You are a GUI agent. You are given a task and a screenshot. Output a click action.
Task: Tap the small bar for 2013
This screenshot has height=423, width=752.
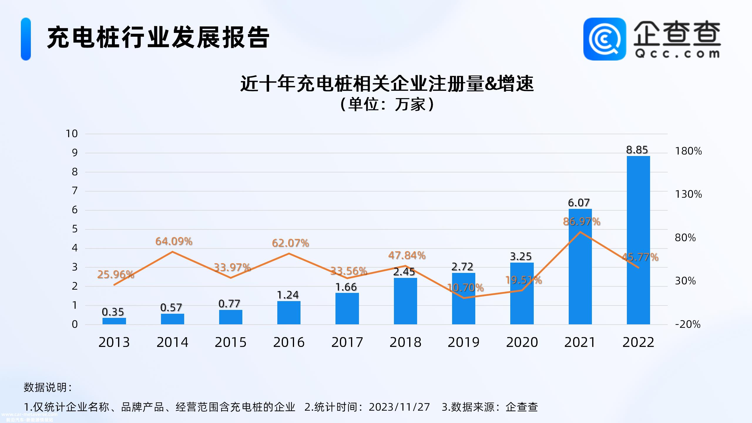[x=114, y=321]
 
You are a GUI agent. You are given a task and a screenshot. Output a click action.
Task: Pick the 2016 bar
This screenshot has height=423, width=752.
[x=289, y=313]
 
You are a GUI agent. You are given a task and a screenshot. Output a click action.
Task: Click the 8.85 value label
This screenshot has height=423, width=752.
[x=637, y=150]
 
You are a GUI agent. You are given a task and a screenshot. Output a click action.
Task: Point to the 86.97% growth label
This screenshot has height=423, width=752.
[x=581, y=221]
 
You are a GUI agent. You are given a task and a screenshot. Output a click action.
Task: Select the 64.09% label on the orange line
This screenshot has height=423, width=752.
[x=174, y=241]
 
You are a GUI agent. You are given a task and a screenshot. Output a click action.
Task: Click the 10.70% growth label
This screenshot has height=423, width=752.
[x=465, y=288]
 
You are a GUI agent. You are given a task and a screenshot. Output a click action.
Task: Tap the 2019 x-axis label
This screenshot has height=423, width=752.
[x=463, y=342]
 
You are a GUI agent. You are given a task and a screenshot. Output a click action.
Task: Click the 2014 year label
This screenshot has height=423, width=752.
[x=172, y=342]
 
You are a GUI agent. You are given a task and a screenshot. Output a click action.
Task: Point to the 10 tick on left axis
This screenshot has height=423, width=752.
[x=71, y=134]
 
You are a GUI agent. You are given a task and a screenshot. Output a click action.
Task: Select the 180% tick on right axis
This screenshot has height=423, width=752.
[x=688, y=151]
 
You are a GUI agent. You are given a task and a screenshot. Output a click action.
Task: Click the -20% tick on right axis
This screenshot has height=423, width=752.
[x=687, y=324]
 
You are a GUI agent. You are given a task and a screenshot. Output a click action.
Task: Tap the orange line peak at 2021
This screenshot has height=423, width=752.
[x=580, y=232]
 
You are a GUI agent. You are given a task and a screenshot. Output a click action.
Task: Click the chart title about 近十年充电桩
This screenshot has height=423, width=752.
[x=387, y=84]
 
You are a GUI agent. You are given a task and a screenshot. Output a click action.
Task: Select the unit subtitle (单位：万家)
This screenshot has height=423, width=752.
[x=387, y=104]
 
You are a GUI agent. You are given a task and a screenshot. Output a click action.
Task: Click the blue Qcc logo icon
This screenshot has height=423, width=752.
[x=604, y=39]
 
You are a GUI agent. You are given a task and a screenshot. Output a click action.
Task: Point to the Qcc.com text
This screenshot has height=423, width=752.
[x=677, y=54]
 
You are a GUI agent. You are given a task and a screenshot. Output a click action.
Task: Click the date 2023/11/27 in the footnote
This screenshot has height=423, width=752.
[x=399, y=407]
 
